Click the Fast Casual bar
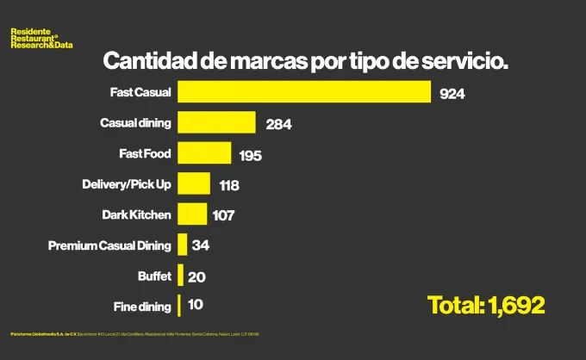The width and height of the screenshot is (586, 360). (x=304, y=91)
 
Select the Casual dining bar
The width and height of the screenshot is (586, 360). (x=216, y=122)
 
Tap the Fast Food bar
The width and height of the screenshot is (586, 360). (x=204, y=153)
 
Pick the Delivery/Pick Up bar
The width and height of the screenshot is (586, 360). (x=194, y=183)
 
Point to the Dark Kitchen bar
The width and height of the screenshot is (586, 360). (x=192, y=214)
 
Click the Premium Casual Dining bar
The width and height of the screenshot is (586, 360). (x=182, y=245)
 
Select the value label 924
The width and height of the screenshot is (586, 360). (x=452, y=94)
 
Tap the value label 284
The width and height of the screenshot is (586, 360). (x=278, y=124)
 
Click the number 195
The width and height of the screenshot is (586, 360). (x=249, y=156)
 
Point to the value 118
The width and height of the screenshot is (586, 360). (x=228, y=185)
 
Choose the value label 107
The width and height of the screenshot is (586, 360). (x=223, y=216)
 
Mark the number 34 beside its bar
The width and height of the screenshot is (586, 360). (x=201, y=246)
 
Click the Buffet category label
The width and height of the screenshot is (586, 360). (x=154, y=276)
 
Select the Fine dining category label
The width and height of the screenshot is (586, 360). (x=142, y=306)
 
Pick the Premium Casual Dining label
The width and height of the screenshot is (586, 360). (x=109, y=245)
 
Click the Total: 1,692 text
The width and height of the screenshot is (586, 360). (x=486, y=305)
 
